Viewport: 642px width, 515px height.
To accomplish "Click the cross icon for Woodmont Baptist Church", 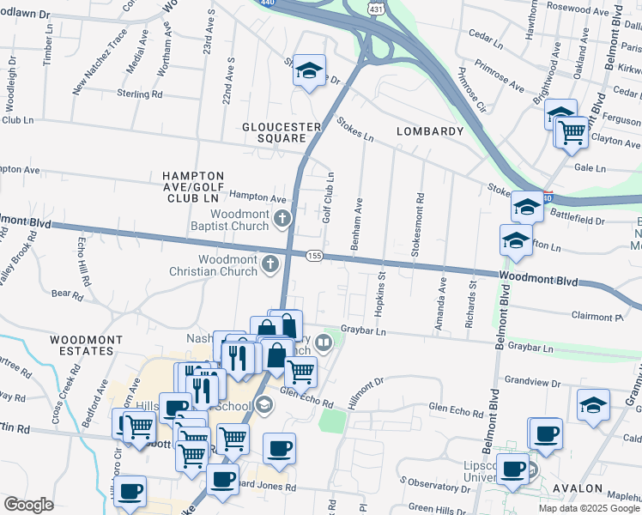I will point(281,221).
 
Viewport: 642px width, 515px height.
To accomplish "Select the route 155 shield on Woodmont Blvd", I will point(315,256).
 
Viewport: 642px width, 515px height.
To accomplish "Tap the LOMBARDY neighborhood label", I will point(429,131).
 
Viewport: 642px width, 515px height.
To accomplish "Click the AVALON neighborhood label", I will point(578,488).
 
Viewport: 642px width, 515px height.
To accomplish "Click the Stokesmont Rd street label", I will point(421,221).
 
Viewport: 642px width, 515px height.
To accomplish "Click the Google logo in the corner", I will point(28,505).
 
